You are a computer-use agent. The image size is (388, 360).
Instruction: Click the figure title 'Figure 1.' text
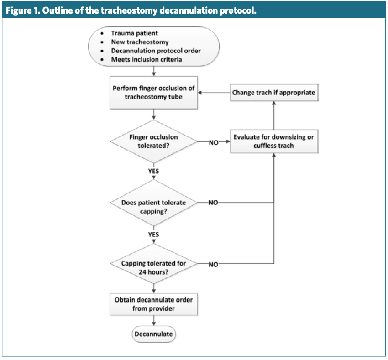(23, 10)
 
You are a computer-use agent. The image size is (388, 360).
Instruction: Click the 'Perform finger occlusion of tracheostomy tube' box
(154, 92)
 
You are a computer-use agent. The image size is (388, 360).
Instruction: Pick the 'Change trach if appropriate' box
(273, 92)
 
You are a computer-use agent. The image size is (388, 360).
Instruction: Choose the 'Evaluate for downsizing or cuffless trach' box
(273, 141)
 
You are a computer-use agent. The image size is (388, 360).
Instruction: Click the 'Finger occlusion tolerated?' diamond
(154, 141)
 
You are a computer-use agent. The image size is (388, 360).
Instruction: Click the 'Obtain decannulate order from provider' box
(154, 303)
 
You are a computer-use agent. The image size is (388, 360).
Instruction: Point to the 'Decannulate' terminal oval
(154, 334)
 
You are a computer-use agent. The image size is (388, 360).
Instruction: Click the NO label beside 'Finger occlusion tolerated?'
(214, 142)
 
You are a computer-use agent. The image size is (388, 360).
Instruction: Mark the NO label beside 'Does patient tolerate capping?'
(214, 203)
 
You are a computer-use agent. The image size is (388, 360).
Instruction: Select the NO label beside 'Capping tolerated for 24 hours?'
(214, 264)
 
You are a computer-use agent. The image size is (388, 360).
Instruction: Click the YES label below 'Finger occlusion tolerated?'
(154, 171)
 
